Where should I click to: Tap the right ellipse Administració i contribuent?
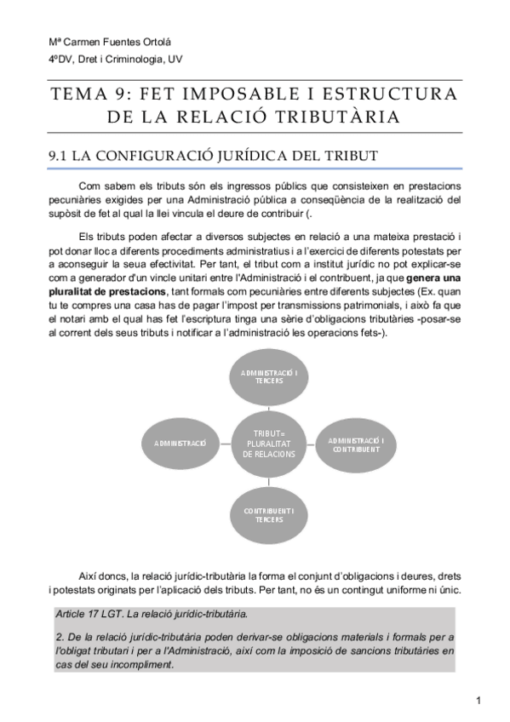click(x=357, y=444)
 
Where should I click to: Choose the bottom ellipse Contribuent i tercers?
click(x=269, y=513)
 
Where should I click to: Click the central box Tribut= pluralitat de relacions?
click(x=269, y=444)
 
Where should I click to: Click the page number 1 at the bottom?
click(x=479, y=701)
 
